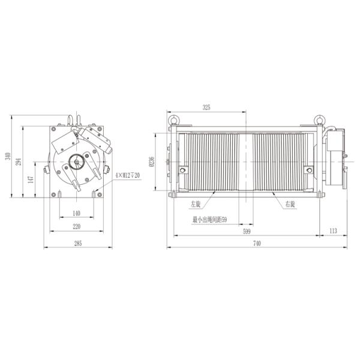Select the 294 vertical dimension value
[19, 162]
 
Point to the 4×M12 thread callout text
[127, 175]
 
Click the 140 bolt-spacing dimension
[76, 214]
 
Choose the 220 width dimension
[76, 227]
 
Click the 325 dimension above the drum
[206, 108]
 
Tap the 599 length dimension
[247, 230]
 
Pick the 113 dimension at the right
[333, 230]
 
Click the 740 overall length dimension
[257, 243]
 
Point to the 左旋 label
[196, 205]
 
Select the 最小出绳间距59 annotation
[209, 220]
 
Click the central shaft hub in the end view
[76, 162]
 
